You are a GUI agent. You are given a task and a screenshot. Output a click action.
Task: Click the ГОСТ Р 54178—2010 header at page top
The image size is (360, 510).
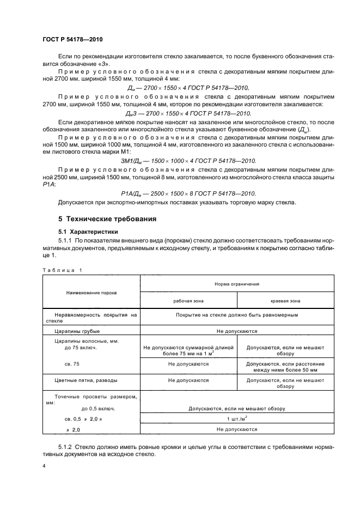pos(72,40)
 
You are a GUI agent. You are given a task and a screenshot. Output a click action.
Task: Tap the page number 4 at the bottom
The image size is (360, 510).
pos(44,466)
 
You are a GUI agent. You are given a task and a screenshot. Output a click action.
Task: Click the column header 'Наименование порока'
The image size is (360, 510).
pos(91,293)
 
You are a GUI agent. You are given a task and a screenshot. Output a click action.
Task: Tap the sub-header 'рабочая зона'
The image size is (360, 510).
pos(188,300)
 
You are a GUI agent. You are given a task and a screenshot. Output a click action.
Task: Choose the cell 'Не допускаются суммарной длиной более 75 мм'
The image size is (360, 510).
pos(188,350)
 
